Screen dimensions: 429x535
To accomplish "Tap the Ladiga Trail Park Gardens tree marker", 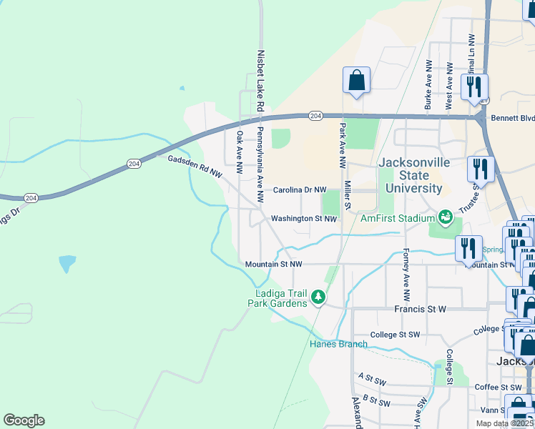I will click(x=318, y=297).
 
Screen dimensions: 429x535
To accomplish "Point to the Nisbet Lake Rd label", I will click(x=261, y=79).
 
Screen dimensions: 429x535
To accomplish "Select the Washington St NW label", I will click(x=303, y=219).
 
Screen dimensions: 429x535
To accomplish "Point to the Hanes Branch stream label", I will click(x=338, y=344).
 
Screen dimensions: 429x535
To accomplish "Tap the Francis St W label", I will click(x=420, y=310).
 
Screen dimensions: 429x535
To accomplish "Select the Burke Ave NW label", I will click(x=428, y=90).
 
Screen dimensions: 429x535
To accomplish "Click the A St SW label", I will click(x=372, y=376).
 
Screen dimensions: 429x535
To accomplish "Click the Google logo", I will click(x=24, y=420).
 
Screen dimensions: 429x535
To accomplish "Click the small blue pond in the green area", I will click(x=67, y=263).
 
